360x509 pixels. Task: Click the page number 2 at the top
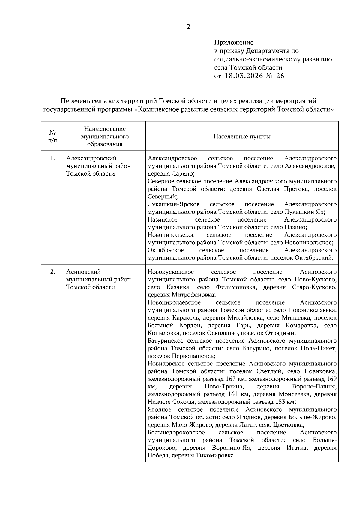188,27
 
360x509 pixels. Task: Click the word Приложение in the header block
234,43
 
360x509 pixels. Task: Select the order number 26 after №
280,76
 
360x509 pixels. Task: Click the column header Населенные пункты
242,137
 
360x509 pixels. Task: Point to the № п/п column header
52,137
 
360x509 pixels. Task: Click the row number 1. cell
53,158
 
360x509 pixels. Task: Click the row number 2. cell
53,272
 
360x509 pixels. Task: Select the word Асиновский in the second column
83,272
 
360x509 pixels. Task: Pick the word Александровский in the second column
91,158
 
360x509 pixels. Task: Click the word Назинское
162,219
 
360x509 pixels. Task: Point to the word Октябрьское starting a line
166,250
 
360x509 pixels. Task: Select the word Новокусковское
170,272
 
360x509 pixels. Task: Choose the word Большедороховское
176,433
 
